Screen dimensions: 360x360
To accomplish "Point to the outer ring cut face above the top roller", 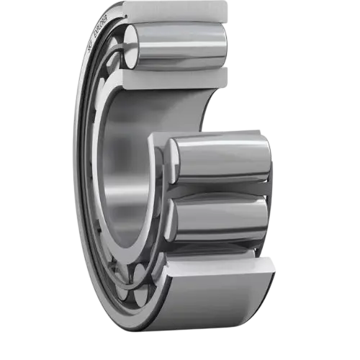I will (173, 11).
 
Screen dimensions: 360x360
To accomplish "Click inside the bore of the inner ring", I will (126, 166).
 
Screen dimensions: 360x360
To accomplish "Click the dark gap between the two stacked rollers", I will (216, 189).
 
